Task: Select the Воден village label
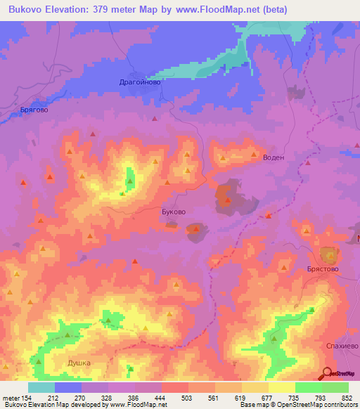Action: [x=273, y=157]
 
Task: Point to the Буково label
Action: [x=174, y=211]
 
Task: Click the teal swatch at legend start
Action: [x=41, y=387]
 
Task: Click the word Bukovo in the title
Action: [x=29, y=8]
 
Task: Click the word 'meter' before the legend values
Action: [x=11, y=397]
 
